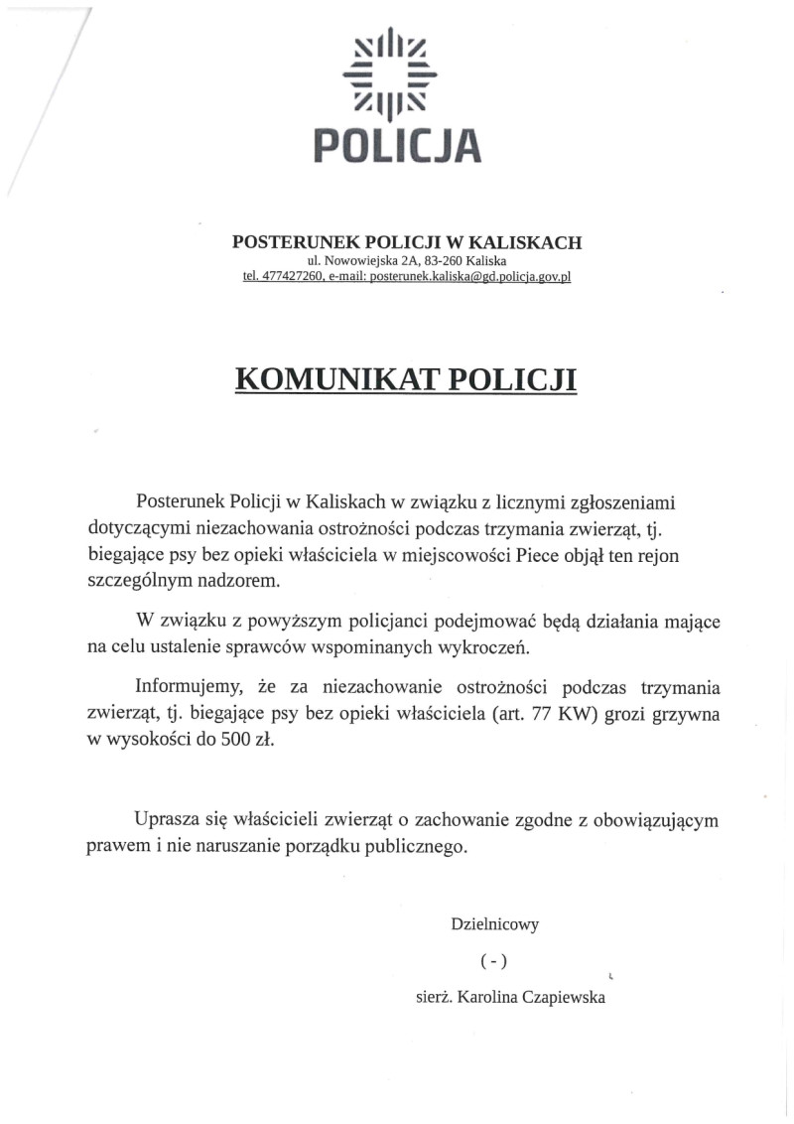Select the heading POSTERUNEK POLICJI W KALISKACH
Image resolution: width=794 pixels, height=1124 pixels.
[407, 241]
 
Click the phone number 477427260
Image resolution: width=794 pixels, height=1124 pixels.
[293, 277]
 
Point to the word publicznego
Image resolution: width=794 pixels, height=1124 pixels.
[417, 847]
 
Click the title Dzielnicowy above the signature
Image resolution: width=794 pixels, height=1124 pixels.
[495, 924]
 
